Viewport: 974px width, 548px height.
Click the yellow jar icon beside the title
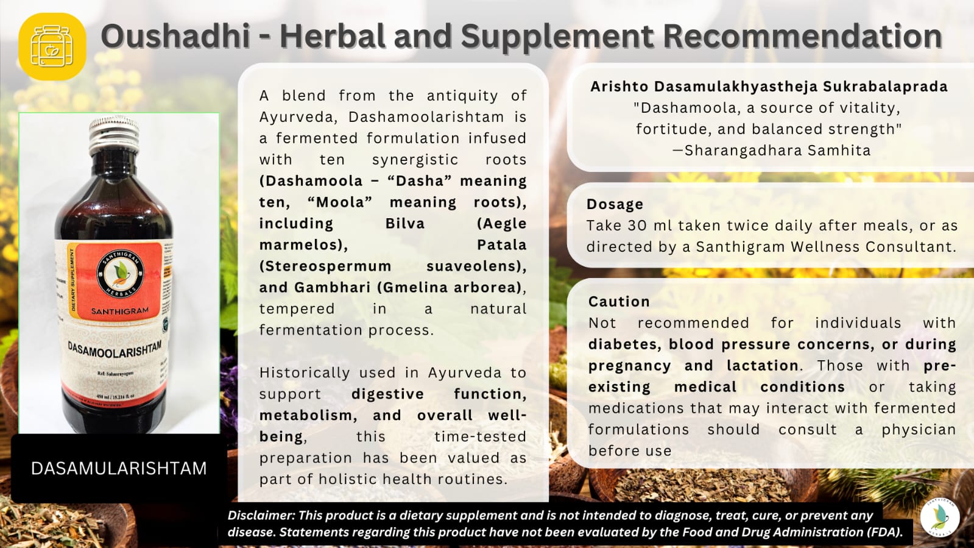52,46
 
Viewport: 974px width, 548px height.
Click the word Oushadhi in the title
175,36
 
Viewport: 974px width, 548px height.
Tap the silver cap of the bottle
114,135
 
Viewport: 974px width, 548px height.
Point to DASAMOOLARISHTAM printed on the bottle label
115,351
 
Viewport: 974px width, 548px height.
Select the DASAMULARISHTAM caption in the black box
119,468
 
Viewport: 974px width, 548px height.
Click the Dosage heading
615,204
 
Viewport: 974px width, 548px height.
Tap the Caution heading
619,302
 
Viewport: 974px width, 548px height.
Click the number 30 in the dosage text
637,226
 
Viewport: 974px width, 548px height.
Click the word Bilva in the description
404,224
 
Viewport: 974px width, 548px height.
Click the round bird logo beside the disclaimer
939,518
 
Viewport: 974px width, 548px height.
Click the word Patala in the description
501,245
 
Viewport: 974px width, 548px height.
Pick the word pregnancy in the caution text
629,366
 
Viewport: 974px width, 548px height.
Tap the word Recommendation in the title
802,36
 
